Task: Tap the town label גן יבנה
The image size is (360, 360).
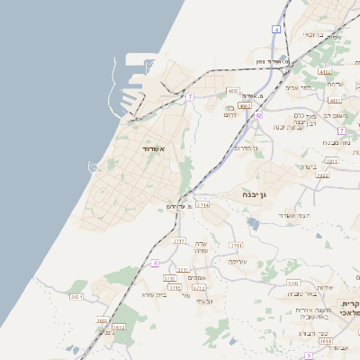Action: [x=256, y=193]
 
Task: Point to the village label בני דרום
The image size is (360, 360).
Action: [x=229, y=111]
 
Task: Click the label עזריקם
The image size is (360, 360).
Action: [x=237, y=262]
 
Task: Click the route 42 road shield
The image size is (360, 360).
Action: [x=258, y=115]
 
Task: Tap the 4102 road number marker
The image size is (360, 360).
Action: [x=325, y=72]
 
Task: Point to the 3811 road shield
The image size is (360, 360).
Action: [x=331, y=162]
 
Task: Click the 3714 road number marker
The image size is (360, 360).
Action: [x=202, y=205]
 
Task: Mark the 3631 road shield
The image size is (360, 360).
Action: [x=76, y=296]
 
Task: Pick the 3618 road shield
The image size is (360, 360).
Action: [x=325, y=342]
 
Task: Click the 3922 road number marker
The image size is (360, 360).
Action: [x=321, y=176]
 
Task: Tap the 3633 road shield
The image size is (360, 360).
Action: [x=102, y=320]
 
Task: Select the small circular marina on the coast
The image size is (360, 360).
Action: [x=94, y=166]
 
